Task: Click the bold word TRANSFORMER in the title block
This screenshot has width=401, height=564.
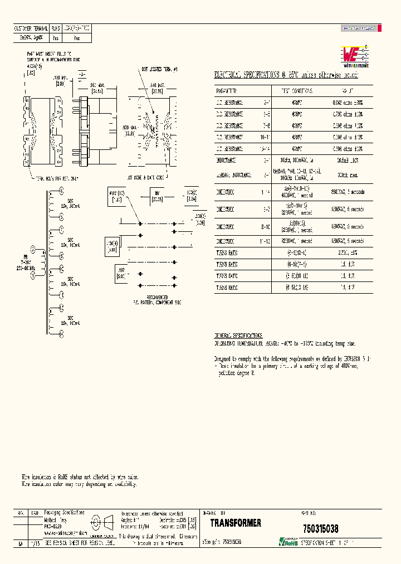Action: click(x=236, y=523)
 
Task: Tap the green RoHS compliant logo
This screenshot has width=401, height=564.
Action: click(x=288, y=541)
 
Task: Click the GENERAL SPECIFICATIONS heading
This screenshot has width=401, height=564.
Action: click(x=238, y=336)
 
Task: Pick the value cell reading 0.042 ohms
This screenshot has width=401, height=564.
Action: click(x=348, y=103)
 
